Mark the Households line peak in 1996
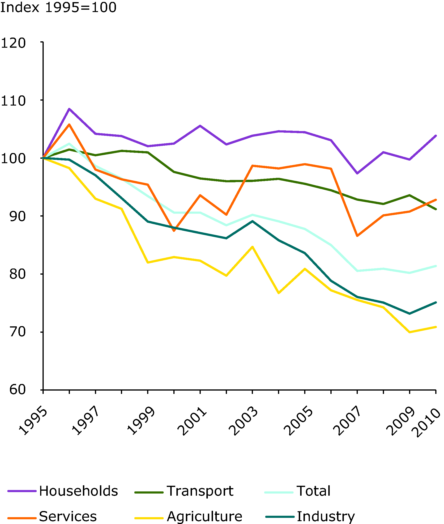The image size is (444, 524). pyautogui.click(x=69, y=109)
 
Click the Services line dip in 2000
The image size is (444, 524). pyautogui.click(x=174, y=230)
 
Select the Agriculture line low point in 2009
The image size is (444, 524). pyautogui.click(x=410, y=332)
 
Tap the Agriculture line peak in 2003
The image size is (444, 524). pyautogui.click(x=252, y=247)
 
